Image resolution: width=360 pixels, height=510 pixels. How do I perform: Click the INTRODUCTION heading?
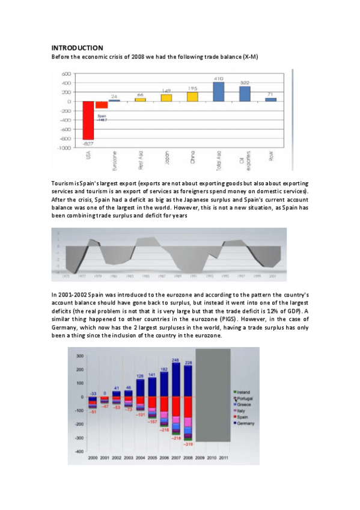click(78, 48)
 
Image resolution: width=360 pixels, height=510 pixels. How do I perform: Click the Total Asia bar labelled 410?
click(218, 91)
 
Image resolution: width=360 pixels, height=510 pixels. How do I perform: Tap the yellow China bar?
click(192, 96)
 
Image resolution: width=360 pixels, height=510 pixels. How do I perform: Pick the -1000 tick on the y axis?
click(66, 148)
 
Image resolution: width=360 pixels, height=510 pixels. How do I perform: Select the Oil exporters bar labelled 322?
click(245, 94)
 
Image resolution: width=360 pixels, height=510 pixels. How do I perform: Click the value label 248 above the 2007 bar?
click(175, 360)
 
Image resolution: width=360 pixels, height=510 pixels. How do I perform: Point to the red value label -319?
click(189, 444)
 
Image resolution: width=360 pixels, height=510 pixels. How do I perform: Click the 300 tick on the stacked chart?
click(79, 356)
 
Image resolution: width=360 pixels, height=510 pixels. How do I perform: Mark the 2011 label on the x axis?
click(223, 458)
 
